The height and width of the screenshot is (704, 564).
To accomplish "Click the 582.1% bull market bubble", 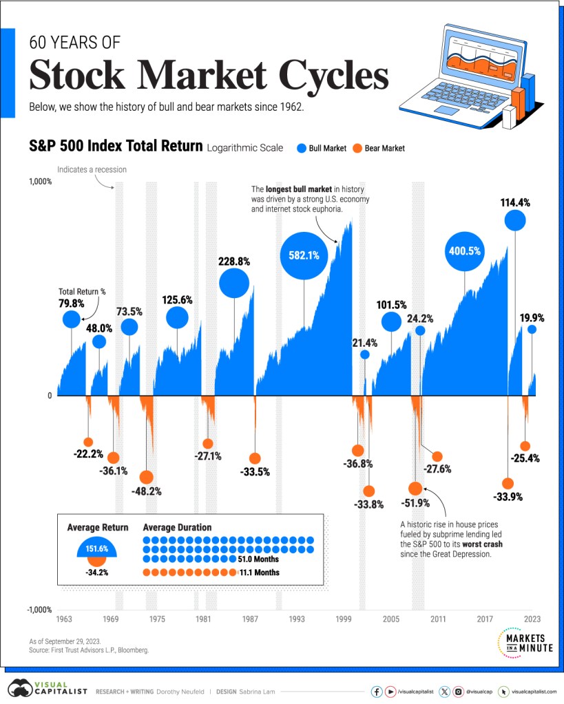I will click(x=304, y=255).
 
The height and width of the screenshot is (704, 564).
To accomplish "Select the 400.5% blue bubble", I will click(x=464, y=251).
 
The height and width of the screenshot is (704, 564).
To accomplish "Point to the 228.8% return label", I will click(x=234, y=262).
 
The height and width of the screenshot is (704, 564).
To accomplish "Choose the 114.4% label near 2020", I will click(x=515, y=203).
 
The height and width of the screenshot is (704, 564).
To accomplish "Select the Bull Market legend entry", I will click(x=322, y=148).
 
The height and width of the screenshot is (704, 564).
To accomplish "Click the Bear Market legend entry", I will click(x=378, y=148).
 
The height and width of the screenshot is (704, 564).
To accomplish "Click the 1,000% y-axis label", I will click(x=39, y=182).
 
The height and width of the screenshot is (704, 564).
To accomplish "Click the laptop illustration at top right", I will click(x=468, y=76).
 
